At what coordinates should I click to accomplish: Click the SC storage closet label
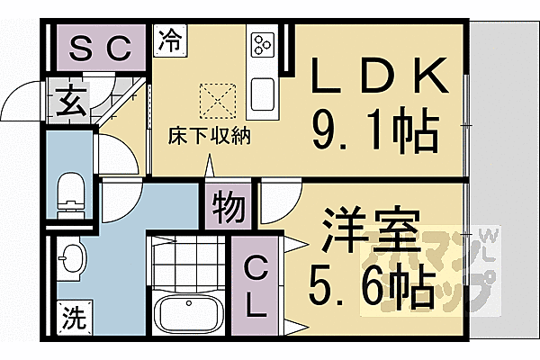(x=100, y=49)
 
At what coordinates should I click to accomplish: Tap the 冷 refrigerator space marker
(x=170, y=40)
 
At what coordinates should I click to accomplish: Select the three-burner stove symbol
(x=264, y=45)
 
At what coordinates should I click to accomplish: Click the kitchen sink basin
(x=264, y=94)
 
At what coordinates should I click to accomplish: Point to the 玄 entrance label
(x=72, y=101)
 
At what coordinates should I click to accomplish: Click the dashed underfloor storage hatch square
(x=218, y=101)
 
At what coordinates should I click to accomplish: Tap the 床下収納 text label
(x=209, y=136)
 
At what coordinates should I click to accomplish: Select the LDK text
(x=378, y=76)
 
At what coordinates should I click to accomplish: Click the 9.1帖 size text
(x=375, y=130)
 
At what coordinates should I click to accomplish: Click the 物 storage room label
(x=229, y=207)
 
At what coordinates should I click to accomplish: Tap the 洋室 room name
(x=371, y=229)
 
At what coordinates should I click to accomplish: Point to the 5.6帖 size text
(x=371, y=286)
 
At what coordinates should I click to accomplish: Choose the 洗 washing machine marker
(x=75, y=318)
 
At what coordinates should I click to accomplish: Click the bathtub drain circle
(x=188, y=303)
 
